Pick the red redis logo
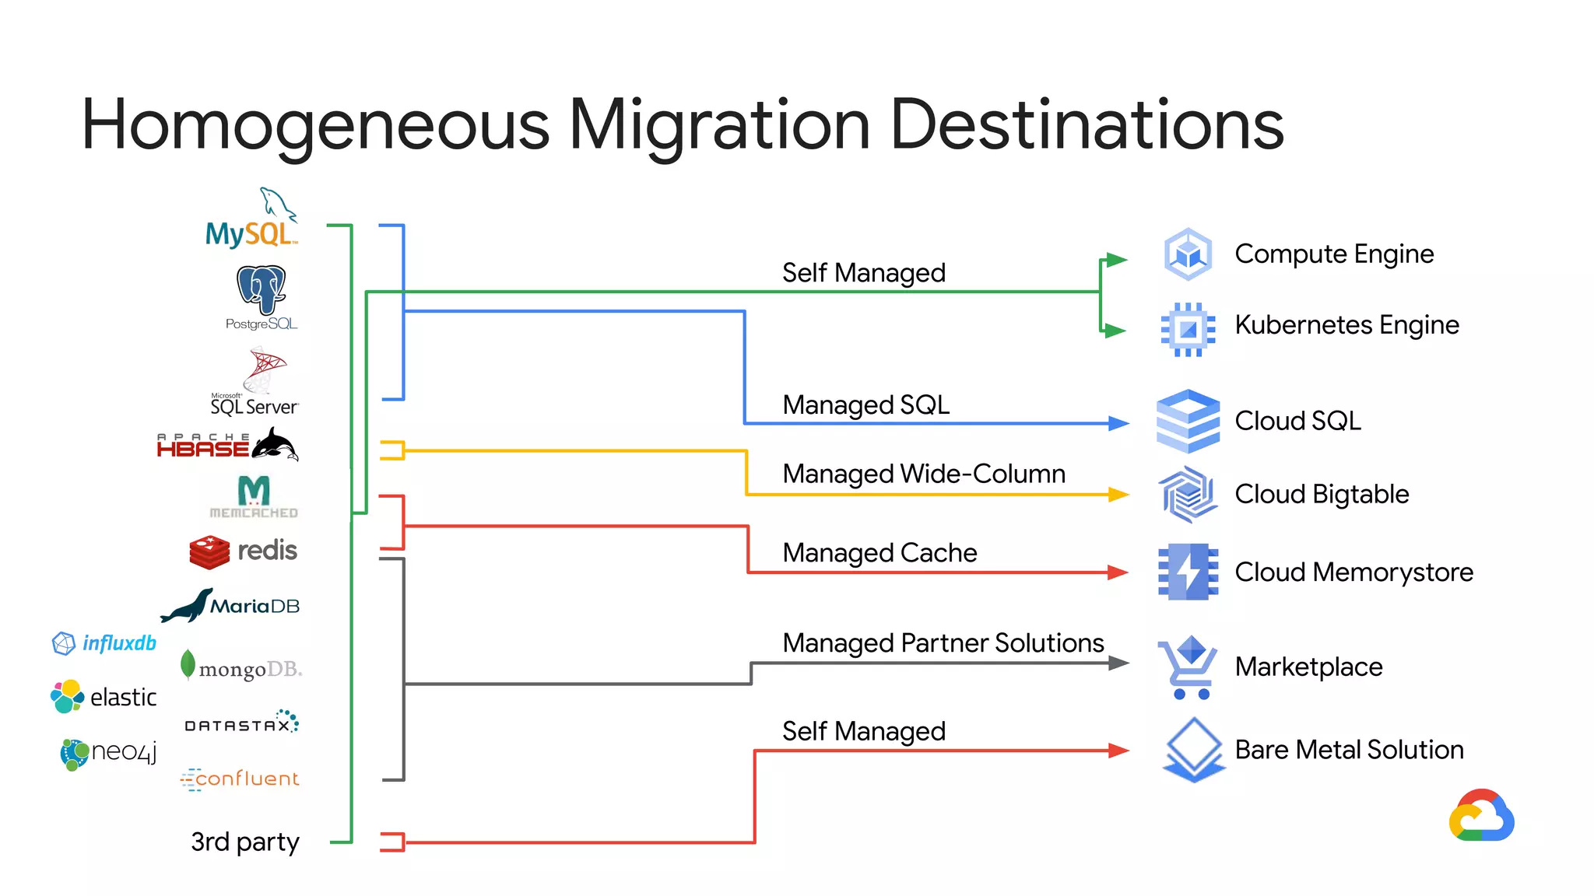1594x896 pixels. pos(243,551)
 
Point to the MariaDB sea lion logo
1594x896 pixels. pos(230,605)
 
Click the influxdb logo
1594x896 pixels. pos(104,643)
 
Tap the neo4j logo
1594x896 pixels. pos(108,753)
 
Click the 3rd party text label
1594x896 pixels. pos(244,842)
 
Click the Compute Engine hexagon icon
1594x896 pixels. pos(1188,254)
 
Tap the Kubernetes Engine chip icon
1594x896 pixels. pos(1188,329)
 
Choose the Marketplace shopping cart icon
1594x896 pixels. pos(1188,667)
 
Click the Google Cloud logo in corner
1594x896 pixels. pos(1481,816)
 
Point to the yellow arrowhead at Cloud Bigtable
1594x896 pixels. pos(1118,494)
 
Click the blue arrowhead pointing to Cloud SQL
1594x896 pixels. pos(1118,423)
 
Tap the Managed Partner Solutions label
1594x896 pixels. pos(943,643)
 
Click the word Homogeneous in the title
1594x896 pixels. pos(315,124)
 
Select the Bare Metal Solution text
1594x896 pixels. pos(1349,750)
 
